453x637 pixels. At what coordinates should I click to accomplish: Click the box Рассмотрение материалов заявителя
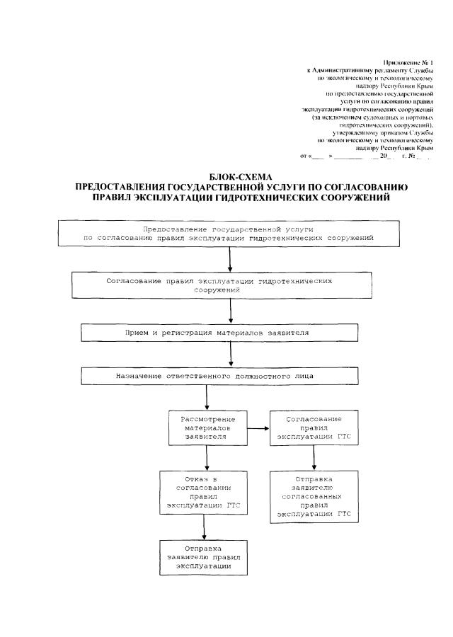pyautogui.click(x=206, y=428)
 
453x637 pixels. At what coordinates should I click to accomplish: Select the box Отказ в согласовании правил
pyautogui.click(x=205, y=493)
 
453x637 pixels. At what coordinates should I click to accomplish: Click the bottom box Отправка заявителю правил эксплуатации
pyautogui.click(x=205, y=557)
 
